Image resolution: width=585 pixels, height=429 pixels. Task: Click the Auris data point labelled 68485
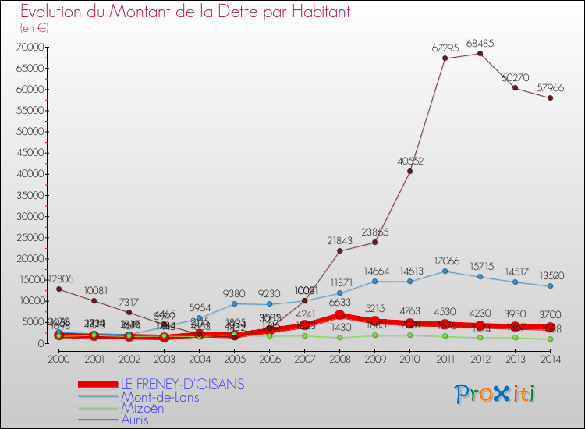480,53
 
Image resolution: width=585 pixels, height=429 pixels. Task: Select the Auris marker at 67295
445,58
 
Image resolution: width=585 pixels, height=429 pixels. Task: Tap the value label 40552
410,161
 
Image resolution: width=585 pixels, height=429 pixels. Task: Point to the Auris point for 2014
550,97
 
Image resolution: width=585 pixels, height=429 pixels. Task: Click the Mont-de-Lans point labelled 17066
445,271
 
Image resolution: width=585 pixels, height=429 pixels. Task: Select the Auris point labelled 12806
58,289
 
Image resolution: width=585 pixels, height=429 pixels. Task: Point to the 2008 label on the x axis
339,360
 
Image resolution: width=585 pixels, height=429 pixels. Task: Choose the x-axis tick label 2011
445,360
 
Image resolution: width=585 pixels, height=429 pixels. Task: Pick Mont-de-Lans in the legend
159,396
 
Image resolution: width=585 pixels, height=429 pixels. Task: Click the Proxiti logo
495,394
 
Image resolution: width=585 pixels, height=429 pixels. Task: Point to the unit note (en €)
35,27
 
